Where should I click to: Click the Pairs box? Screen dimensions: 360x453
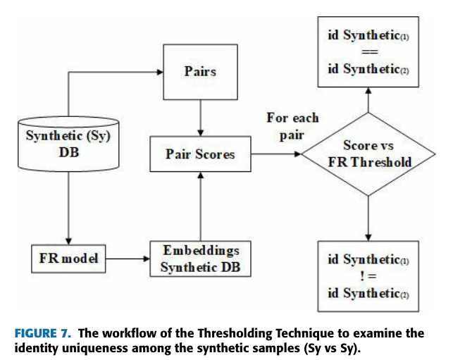(x=201, y=71)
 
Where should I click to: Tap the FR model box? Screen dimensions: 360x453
(x=67, y=259)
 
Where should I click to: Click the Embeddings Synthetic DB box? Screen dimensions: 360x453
(x=201, y=260)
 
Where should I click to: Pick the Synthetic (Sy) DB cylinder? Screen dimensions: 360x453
(x=67, y=144)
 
